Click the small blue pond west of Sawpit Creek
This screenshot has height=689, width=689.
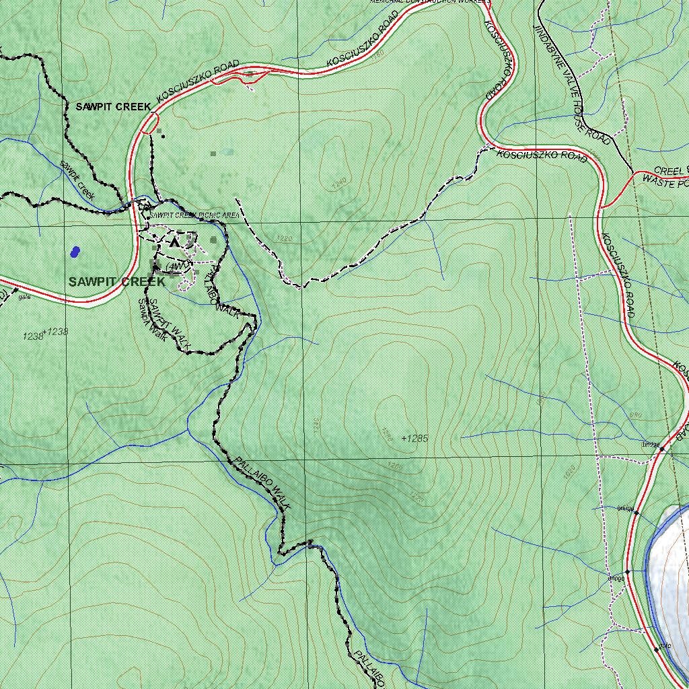pyautogui.click(x=75, y=252)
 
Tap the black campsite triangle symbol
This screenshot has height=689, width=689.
pyautogui.click(x=175, y=241)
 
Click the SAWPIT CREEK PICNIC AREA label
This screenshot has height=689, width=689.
pyautogui.click(x=194, y=215)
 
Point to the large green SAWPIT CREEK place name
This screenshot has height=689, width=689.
pyautogui.click(x=116, y=282)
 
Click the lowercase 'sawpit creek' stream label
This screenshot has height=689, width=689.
pyautogui.click(x=77, y=179)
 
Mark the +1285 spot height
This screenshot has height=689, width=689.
pyautogui.click(x=414, y=439)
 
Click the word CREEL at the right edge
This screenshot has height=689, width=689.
pyautogui.click(x=668, y=171)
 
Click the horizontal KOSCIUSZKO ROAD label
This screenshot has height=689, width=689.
pyautogui.click(x=542, y=155)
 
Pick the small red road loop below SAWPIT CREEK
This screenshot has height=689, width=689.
pyautogui.click(x=151, y=123)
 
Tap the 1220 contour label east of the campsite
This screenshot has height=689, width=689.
pyautogui.click(x=285, y=239)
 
